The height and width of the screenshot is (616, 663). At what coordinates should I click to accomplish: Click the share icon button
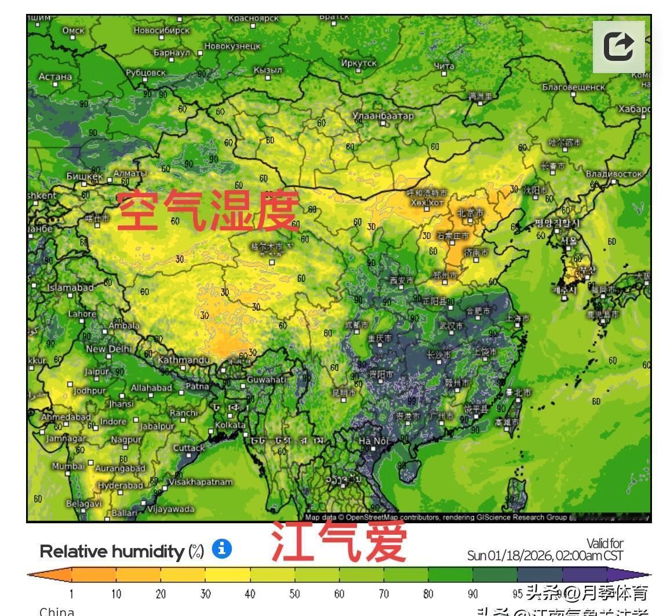[x=618, y=46]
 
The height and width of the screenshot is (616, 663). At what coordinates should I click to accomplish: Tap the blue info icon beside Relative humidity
[x=222, y=549]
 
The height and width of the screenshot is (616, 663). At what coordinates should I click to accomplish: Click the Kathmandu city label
[x=183, y=360]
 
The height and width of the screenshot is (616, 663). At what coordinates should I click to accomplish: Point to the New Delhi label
[x=108, y=349]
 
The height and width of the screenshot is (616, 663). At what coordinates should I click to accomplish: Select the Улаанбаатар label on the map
[x=383, y=116]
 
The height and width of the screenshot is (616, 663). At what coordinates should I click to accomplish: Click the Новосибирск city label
[x=161, y=30]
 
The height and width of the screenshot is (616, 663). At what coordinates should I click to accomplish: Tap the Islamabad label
[x=70, y=288]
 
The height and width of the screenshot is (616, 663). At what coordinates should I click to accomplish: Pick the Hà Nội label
[x=373, y=441]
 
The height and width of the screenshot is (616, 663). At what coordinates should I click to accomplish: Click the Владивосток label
[x=614, y=174]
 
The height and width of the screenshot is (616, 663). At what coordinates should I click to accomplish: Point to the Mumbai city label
[x=68, y=466]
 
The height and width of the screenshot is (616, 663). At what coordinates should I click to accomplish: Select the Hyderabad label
[x=121, y=485]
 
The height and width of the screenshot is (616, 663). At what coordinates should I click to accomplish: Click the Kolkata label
[x=230, y=425]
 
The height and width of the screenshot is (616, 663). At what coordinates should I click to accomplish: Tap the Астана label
[x=55, y=77]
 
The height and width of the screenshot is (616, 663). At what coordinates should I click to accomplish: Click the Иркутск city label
[x=359, y=63]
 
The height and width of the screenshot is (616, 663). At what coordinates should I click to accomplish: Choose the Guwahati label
[x=267, y=380]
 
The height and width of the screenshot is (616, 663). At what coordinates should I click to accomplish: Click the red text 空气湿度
[x=207, y=211]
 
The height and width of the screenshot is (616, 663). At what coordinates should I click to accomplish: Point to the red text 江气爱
[x=339, y=542]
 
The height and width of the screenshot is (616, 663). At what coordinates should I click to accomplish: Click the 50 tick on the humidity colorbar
[x=294, y=594]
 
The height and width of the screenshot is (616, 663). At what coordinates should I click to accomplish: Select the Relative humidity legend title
[x=122, y=552]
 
